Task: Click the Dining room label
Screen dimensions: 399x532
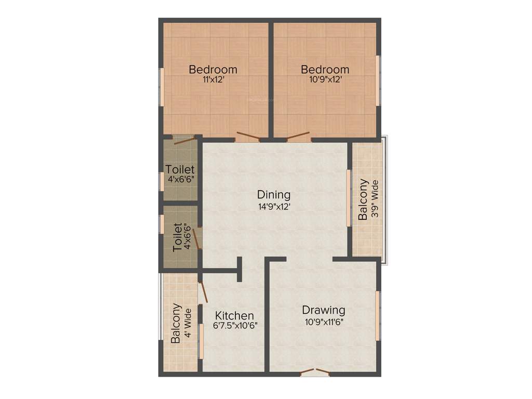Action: tap(274, 195)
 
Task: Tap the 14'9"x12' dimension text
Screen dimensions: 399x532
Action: tap(274, 206)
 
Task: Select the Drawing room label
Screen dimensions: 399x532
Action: tap(324, 310)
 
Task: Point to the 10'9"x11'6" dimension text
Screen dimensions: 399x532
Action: tap(324, 321)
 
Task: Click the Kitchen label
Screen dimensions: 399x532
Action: tap(235, 315)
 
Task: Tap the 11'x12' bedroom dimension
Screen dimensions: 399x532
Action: tap(213, 80)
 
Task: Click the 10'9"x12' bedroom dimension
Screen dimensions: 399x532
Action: tap(325, 80)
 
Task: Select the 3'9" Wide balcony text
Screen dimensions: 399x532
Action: tap(374, 200)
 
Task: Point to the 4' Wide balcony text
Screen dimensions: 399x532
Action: tap(187, 323)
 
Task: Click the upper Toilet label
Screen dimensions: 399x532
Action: tap(180, 169)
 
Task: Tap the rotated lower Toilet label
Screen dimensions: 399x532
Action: tap(178, 237)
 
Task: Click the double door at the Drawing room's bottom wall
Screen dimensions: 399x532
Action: tap(315, 371)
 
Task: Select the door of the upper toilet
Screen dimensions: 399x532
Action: tap(184, 139)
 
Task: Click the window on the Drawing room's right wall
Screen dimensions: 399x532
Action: tap(378, 315)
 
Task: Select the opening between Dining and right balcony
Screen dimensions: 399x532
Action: tap(349, 197)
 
